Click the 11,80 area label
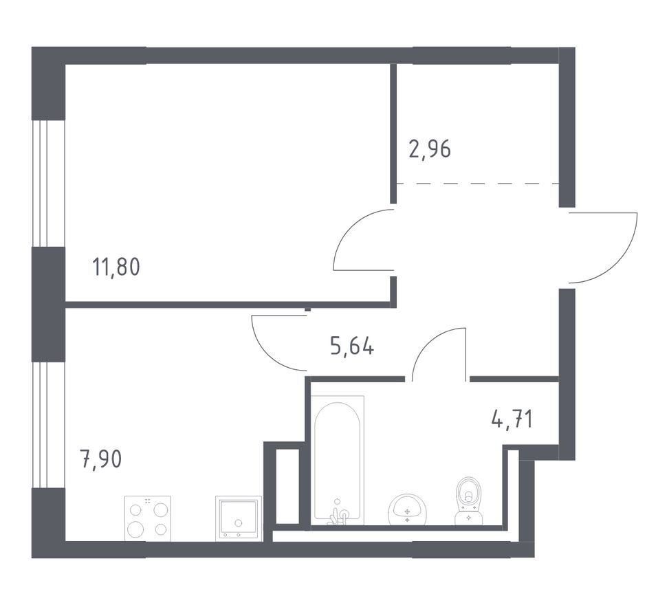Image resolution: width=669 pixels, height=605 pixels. click(x=116, y=268)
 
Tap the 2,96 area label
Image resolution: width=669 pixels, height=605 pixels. click(x=430, y=150)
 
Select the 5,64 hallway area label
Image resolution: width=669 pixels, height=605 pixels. click(x=353, y=346)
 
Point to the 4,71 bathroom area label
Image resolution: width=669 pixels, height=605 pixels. click(x=512, y=419)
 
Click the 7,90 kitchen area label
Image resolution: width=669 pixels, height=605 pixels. click(x=100, y=459)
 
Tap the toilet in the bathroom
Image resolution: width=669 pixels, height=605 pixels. click(x=468, y=501)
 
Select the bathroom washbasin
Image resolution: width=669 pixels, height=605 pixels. click(x=408, y=509)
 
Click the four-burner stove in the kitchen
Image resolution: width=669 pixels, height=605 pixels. click(x=148, y=518)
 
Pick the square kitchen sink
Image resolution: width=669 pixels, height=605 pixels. click(x=239, y=518)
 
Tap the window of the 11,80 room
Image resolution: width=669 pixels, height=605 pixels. click(x=49, y=184)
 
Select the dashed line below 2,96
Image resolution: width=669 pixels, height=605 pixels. click(x=478, y=184)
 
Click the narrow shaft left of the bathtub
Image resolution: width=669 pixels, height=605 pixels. click(x=283, y=486)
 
